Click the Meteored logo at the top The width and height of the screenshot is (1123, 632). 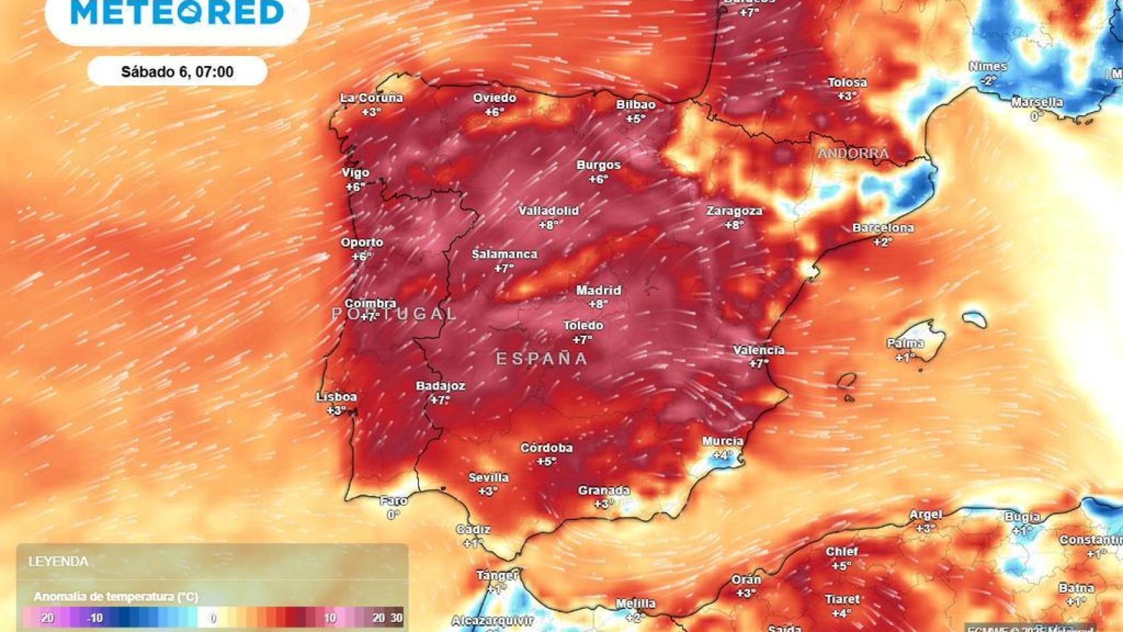tap(177, 13)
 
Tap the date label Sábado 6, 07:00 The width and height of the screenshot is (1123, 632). tap(177, 72)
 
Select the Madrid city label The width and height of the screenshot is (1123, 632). tap(598, 290)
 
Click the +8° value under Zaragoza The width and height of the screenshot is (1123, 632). tap(734, 225)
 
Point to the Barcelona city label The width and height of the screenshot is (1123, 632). tap(883, 228)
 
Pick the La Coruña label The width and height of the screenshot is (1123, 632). tap(371, 98)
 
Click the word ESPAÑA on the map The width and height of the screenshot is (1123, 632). tap(542, 359)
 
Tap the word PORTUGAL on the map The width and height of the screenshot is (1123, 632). tap(394, 314)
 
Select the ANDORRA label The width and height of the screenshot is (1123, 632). tap(853, 153)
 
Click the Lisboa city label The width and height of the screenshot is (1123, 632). tap(336, 397)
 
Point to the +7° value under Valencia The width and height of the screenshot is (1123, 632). tap(758, 364)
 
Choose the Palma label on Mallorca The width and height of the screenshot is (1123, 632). tap(905, 343)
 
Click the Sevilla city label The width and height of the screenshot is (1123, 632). tap(488, 477)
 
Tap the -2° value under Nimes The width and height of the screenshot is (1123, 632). tap(987, 80)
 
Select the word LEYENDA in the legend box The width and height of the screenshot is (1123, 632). tap(58, 562)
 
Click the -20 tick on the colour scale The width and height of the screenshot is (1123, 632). tap(45, 618)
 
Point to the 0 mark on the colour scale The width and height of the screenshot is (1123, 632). tap(212, 618)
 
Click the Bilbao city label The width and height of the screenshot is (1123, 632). tap(635, 105)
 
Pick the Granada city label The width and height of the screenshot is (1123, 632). tap(604, 490)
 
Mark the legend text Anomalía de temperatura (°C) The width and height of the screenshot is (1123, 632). tap(116, 596)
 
